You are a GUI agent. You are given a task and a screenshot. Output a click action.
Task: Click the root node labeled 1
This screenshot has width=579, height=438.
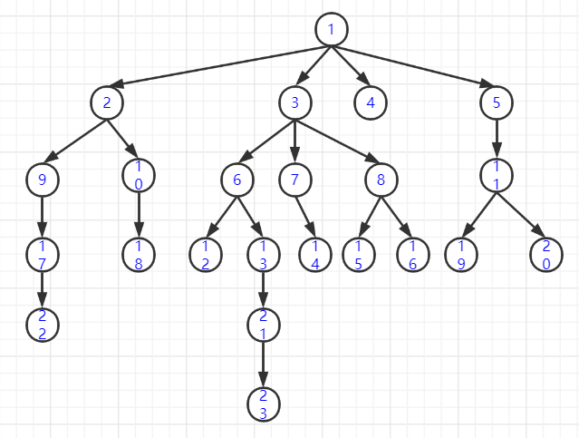pos(331,29)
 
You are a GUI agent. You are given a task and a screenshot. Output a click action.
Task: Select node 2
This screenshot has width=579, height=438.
pos(107,102)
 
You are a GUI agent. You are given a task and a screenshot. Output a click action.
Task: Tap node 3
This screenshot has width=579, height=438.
pos(294,102)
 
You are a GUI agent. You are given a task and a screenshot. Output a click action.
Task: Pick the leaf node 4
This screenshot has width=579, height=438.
pos(371,102)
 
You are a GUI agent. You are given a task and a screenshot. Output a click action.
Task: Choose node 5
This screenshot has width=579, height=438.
pos(497,102)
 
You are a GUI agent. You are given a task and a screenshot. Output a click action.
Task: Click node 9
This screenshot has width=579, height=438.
pos(42,179)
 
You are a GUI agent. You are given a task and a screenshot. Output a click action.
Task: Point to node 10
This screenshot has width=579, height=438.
pos(139,179)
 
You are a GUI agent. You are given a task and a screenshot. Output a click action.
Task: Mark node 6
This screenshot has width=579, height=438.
pos(237,179)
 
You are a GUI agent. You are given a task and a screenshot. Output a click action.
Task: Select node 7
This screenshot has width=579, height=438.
pos(294,179)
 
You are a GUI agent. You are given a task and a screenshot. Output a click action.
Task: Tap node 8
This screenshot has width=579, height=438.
pos(381,179)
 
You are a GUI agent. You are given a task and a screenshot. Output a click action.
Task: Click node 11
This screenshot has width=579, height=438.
pos(497,179)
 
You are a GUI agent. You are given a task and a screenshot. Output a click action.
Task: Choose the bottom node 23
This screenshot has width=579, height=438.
pos(264,403)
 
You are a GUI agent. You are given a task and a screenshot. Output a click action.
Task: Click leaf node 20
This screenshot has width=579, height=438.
pos(546,255)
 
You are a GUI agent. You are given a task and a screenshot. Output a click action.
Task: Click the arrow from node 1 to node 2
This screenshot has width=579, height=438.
pos(217,65)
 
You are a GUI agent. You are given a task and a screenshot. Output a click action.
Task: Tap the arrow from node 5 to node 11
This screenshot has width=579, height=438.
pos(497,141)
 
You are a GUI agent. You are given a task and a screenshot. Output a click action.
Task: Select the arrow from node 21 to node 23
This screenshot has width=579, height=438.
pos(264,364)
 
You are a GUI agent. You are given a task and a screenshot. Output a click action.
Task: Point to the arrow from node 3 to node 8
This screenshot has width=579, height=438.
pos(338,141)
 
